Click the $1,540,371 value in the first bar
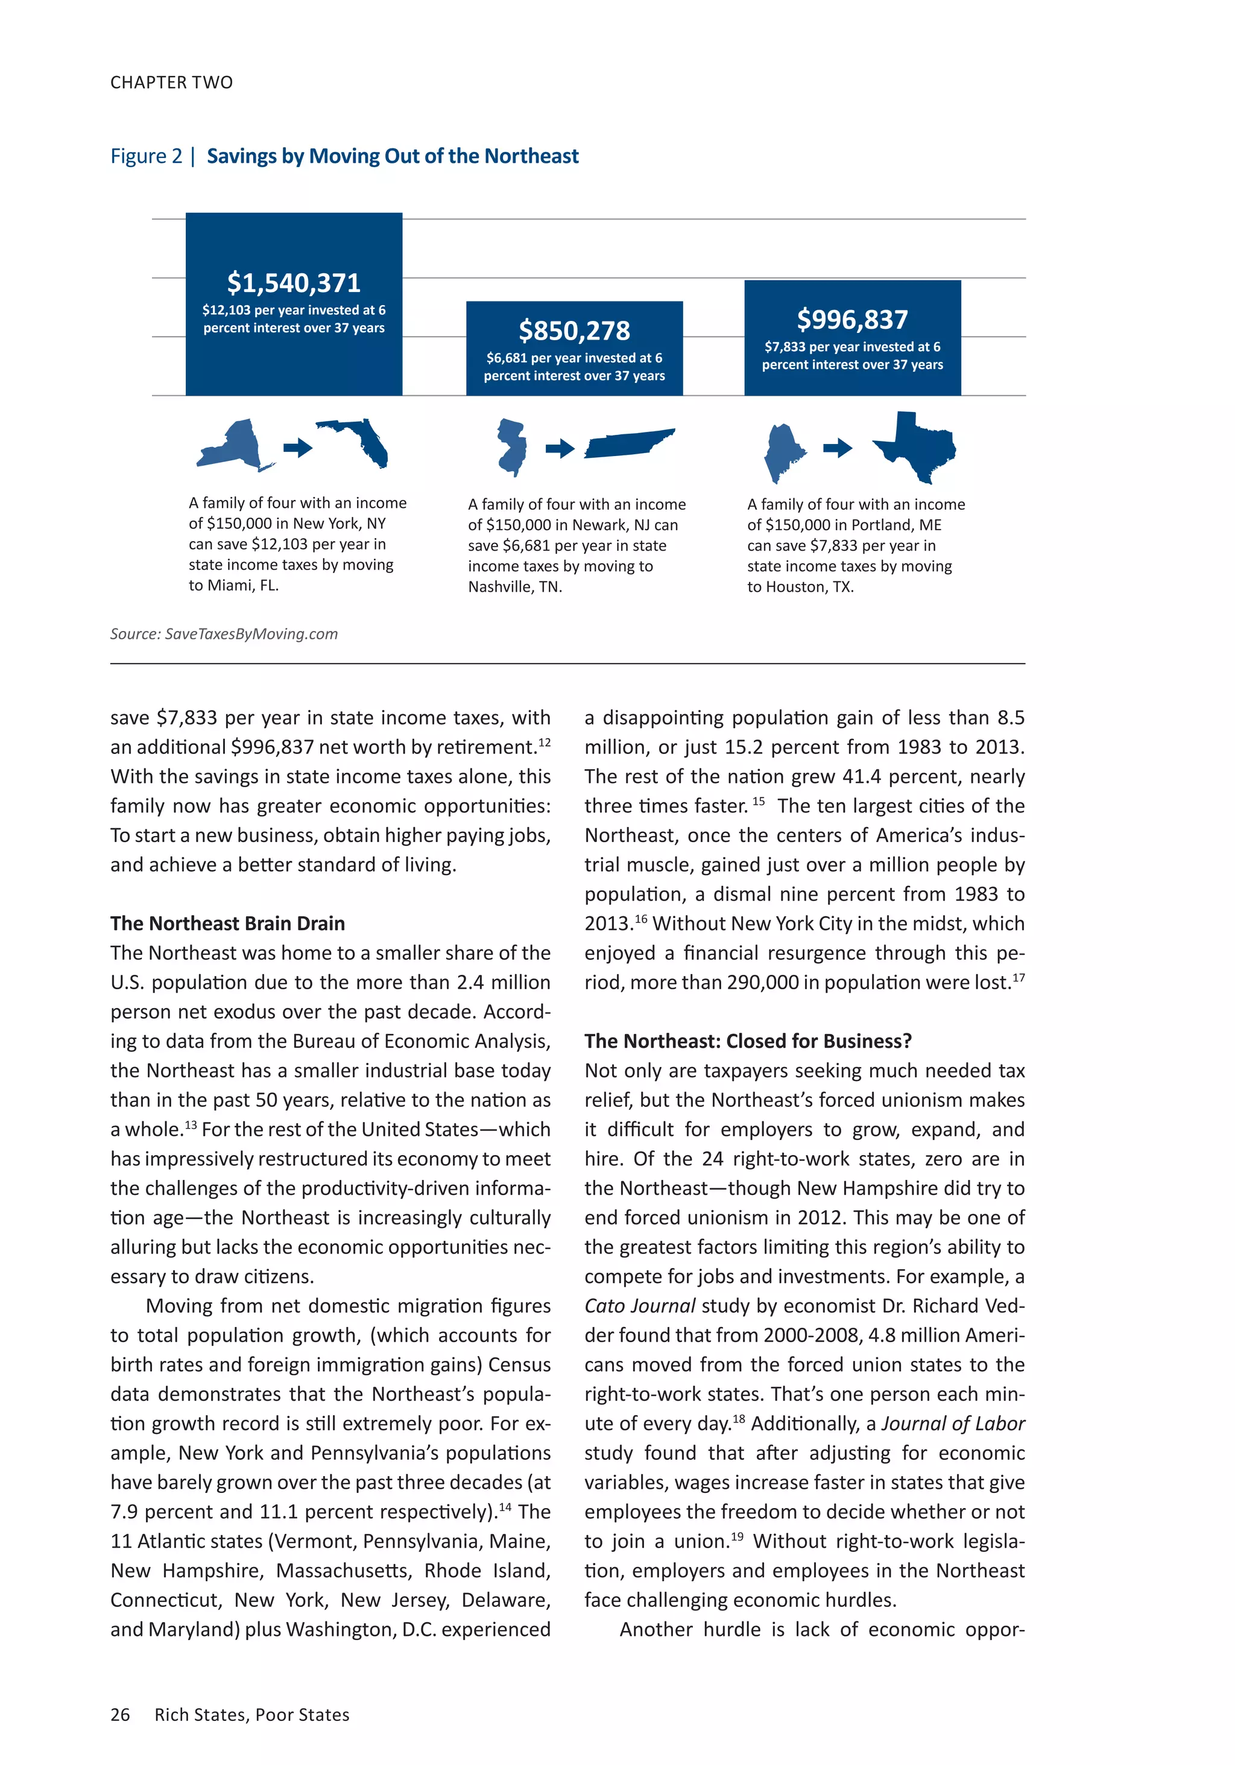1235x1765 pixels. tap(294, 283)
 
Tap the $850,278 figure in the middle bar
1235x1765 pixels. tap(574, 331)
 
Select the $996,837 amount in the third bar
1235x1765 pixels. tap(851, 319)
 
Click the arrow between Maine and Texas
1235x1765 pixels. tap(838, 448)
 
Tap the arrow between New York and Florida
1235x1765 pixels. tap(297, 448)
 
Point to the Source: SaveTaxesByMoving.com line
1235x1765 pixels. tap(224, 634)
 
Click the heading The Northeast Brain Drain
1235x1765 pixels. tap(227, 924)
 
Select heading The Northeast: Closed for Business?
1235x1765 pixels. tap(747, 1041)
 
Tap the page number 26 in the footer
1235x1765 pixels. tap(120, 1715)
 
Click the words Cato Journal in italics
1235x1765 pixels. tap(639, 1306)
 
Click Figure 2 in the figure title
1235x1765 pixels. tap(146, 156)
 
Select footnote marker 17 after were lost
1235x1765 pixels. tap(1019, 978)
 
